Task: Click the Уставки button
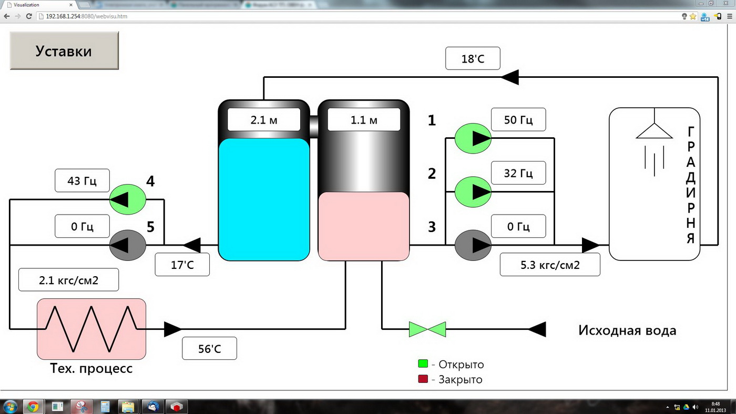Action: [x=64, y=51]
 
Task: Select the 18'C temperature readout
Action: [x=473, y=58]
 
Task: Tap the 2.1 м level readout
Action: [x=263, y=120]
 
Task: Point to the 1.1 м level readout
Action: [x=364, y=120]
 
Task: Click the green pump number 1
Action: [x=473, y=138]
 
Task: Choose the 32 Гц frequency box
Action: [x=518, y=173]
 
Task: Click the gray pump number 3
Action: [x=473, y=245]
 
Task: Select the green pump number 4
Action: [x=128, y=199]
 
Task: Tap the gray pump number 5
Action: [x=128, y=245]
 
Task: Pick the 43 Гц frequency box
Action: [x=82, y=180]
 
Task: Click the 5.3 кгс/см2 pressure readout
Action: [x=549, y=265]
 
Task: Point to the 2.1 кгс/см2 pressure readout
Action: [x=68, y=280]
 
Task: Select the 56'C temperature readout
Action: [x=209, y=348]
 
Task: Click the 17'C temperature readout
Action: [x=182, y=265]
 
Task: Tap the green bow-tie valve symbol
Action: [x=427, y=329]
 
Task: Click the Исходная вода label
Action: [x=627, y=330]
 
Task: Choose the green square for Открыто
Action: [x=423, y=363]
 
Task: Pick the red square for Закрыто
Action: [x=423, y=379]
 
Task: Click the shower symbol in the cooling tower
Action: [x=654, y=142]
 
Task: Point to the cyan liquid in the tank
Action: [x=263, y=199]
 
